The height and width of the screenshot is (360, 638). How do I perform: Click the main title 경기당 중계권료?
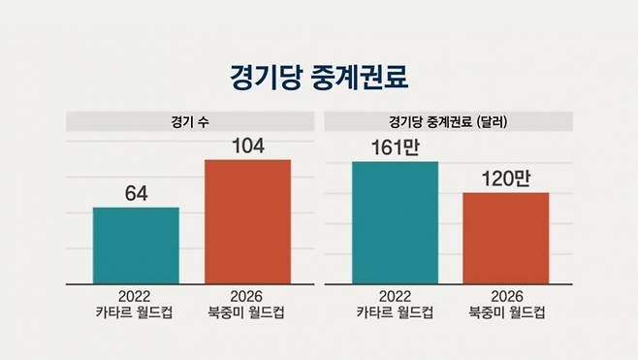[x=319, y=76]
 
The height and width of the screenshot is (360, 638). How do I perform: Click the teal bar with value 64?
[x=136, y=245]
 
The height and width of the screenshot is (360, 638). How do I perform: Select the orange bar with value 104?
[x=247, y=221]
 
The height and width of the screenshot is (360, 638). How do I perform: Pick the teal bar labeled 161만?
[x=395, y=222]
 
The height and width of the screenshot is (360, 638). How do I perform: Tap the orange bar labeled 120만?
[x=505, y=238]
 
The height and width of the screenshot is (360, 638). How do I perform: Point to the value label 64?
[x=136, y=194]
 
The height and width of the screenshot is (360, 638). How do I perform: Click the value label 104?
[x=247, y=146]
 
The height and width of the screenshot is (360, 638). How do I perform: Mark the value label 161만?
[x=395, y=148]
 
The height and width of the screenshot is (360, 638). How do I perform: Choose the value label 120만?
[x=505, y=180]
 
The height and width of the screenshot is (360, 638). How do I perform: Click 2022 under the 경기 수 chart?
[x=136, y=296]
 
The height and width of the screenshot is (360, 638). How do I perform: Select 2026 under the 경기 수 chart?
[x=247, y=296]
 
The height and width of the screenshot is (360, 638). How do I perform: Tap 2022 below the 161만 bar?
[x=395, y=296]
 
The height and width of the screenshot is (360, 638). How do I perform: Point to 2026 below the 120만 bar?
[x=505, y=296]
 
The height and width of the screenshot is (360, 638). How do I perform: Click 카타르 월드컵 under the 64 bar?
[x=136, y=312]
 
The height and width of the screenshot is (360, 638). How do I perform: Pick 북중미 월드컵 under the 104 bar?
[x=247, y=312]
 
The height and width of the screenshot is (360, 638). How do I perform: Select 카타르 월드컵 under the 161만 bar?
[x=395, y=312]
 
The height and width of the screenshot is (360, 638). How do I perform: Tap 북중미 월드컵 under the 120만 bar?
[x=505, y=312]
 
